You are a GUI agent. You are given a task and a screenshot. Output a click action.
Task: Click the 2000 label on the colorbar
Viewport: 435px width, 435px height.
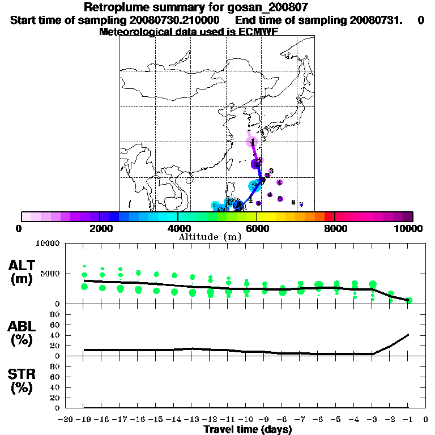tap(100, 228)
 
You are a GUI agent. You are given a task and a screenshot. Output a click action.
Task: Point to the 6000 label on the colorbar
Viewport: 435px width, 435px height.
tap(257, 228)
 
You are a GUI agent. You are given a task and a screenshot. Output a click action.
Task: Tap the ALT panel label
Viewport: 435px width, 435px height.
tap(23, 266)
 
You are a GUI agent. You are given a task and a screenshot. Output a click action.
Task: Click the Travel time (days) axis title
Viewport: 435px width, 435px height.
tap(248, 430)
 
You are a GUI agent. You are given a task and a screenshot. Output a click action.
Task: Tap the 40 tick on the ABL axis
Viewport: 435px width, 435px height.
tap(55, 335)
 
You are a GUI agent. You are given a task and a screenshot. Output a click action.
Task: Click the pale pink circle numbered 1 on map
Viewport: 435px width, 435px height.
tap(252, 142)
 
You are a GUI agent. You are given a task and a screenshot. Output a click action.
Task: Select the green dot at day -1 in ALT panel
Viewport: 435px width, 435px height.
tap(409, 300)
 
